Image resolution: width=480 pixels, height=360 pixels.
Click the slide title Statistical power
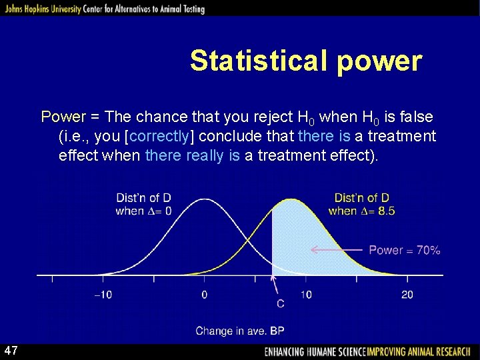[306, 61]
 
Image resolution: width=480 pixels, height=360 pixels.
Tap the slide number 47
[11, 351]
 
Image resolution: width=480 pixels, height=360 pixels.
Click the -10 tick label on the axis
[103, 295]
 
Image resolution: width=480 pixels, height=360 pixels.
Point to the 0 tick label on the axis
[204, 295]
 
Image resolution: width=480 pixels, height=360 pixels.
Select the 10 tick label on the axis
[305, 295]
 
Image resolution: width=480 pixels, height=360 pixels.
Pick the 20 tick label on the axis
[407, 295]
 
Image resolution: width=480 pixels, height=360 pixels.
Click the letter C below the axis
[280, 304]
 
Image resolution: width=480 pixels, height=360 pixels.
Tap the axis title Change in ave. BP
[240, 331]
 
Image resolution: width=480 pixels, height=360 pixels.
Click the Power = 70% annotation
[404, 250]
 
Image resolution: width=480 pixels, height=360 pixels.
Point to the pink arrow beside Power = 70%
[337, 251]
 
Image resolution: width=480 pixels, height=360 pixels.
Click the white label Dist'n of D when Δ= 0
[143, 204]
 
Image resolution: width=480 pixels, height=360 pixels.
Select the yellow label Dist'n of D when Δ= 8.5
[361, 204]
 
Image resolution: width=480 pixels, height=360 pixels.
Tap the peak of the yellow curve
[291, 199]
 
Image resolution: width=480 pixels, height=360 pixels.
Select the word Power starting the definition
[63, 117]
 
